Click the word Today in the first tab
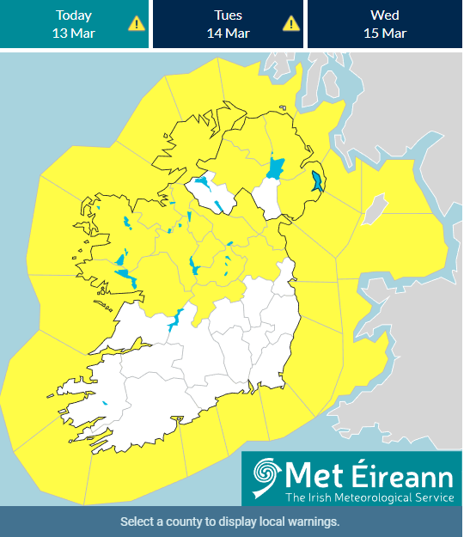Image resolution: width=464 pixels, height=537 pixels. coord(74,15)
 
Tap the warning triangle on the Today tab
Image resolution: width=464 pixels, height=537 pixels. coord(136,23)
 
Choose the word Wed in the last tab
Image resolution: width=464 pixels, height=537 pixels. coord(384,15)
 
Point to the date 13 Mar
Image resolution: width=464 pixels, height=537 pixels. coord(74,34)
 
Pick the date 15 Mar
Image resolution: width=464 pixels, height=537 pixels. coord(384,34)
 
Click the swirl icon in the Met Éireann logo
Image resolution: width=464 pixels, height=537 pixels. coord(266,478)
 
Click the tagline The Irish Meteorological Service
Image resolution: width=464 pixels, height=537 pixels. coord(369,497)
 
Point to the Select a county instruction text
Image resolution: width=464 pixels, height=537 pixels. coord(230,522)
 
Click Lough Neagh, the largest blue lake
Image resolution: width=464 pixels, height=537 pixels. coord(276,167)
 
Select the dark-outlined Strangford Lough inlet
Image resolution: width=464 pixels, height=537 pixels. coord(317,181)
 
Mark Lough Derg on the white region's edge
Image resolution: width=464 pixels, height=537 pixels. coord(175,320)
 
